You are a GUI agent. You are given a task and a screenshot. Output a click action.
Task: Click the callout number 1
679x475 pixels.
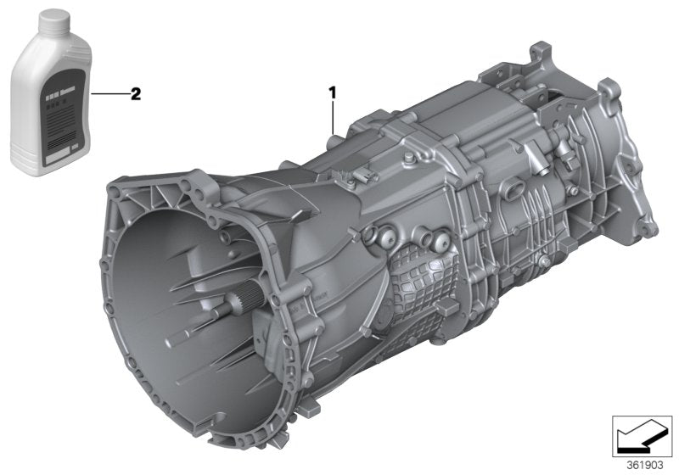[x=333, y=90]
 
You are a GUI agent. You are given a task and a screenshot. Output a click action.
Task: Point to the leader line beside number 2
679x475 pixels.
[x=108, y=93]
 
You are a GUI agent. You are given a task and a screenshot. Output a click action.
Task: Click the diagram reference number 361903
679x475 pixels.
[x=647, y=464]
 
